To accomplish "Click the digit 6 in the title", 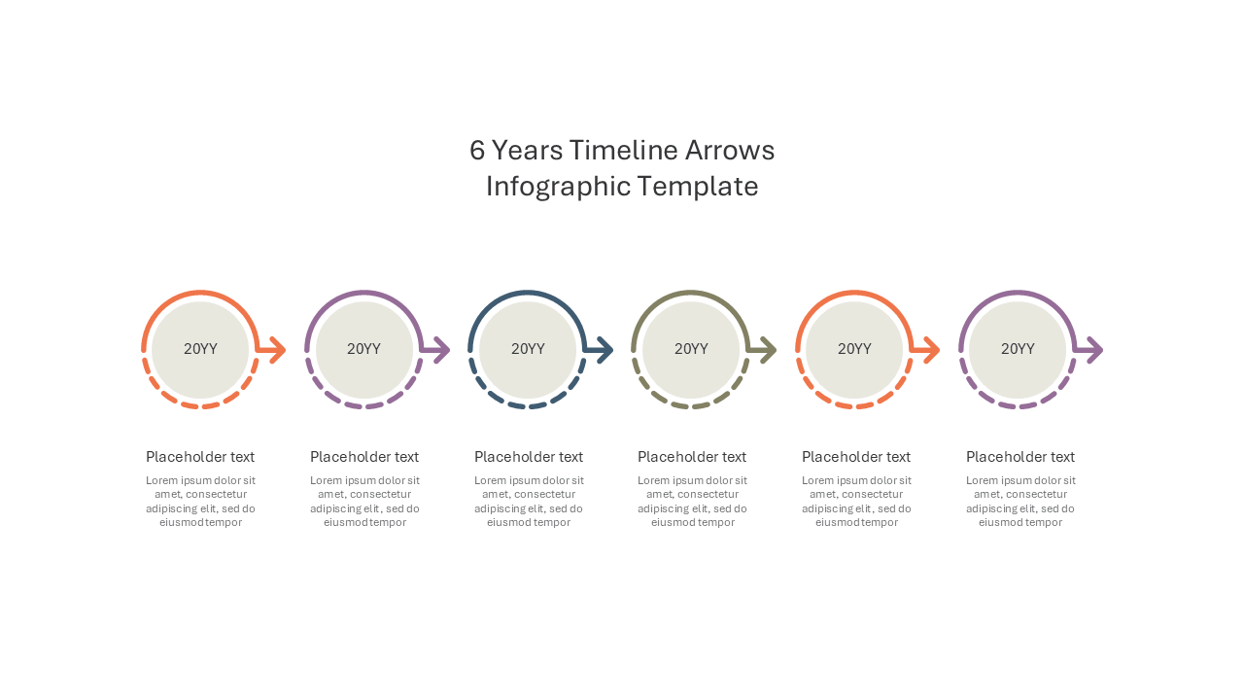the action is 477,150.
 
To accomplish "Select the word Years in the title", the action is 528,150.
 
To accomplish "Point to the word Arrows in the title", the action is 729,150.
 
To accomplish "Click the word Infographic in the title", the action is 558,187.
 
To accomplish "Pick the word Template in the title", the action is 697,187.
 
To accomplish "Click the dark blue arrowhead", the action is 605,350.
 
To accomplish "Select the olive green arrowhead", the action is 768,350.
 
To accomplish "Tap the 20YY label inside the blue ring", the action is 528,349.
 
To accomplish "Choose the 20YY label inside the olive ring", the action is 691,349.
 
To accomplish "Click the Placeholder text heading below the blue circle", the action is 528,457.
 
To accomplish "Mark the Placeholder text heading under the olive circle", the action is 691,457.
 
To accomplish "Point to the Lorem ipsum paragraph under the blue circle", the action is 528,501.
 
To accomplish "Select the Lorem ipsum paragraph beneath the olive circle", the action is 692,501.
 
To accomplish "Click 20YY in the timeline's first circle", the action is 200,349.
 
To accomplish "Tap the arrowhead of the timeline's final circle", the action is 1094,350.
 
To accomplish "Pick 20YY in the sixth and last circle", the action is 1018,349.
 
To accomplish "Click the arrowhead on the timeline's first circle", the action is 277,350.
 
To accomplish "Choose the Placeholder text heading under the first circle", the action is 200,457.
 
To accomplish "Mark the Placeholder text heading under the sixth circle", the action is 1020,457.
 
